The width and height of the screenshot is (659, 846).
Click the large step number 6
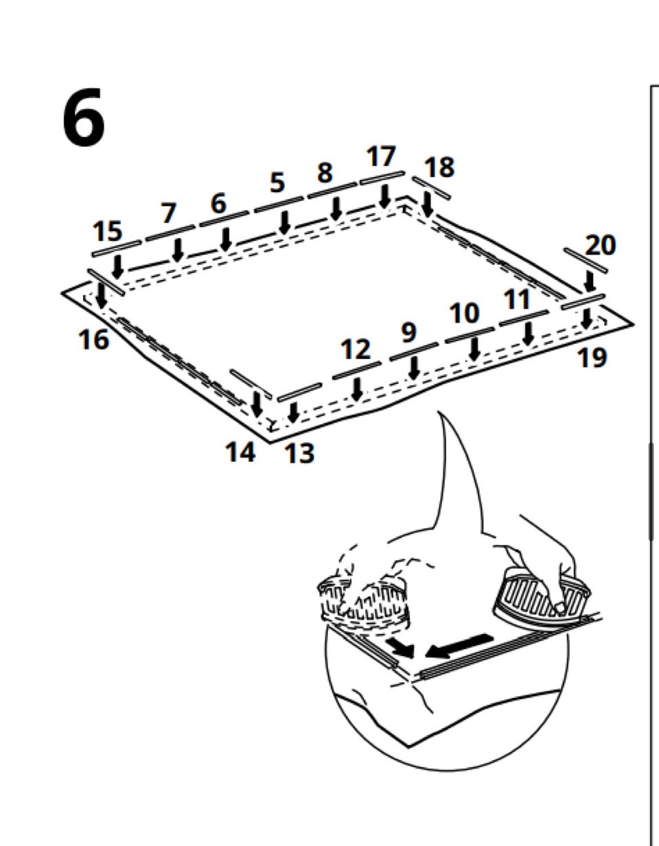(84, 119)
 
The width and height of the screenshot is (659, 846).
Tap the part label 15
(107, 231)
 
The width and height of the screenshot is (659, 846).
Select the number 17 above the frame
(381, 156)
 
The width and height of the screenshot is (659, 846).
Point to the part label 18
(439, 167)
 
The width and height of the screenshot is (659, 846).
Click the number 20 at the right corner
(601, 245)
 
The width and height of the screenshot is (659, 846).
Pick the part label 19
(592, 357)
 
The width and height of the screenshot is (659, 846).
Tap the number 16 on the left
(94, 339)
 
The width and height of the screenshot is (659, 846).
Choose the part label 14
(240, 451)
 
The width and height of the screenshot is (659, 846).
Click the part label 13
(299, 453)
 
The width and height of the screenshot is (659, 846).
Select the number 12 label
(356, 350)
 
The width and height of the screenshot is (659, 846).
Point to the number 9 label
(408, 333)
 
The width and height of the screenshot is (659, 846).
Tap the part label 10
(464, 314)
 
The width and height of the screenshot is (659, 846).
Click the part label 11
(517, 300)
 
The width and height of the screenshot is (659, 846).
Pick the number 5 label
(277, 183)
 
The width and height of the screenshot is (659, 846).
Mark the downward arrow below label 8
(336, 209)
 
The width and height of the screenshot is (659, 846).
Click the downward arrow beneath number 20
(589, 281)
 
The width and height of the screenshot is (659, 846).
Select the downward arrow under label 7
(178, 249)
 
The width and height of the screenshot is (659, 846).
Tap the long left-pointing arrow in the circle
(459, 644)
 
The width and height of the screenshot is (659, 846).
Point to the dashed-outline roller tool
(364, 602)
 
